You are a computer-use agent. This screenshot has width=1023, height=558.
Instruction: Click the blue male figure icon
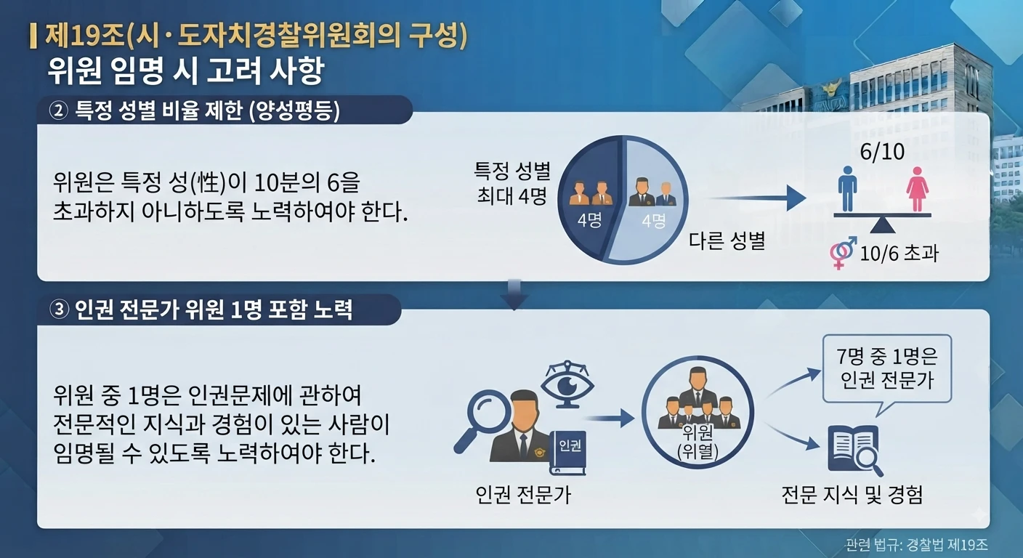[x=848, y=189]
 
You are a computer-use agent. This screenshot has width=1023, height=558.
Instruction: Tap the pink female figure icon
[x=917, y=189]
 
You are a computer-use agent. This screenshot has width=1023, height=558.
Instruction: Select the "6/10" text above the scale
[x=882, y=152]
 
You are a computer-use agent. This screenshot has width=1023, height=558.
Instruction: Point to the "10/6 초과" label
[x=899, y=253]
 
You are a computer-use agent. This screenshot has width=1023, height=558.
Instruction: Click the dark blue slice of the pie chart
[x=587, y=200]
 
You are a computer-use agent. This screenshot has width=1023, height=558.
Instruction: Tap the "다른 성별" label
[x=727, y=240]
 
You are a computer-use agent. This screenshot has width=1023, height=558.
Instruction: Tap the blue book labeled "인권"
[x=567, y=452]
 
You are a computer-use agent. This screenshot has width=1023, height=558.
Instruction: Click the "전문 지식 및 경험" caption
[x=852, y=495]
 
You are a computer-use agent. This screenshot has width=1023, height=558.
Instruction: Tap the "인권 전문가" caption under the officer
[x=523, y=495]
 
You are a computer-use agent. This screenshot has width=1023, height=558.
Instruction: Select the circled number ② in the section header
[x=58, y=110]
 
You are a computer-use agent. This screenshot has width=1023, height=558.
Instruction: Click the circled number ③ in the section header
[x=58, y=310]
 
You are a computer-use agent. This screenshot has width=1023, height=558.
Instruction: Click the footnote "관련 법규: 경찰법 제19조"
[x=916, y=545]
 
